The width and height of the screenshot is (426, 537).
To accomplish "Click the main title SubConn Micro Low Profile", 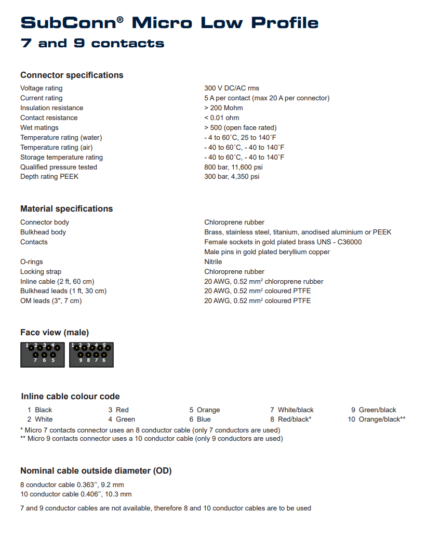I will click(x=169, y=23).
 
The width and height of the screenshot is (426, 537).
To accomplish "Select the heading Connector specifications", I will click(x=72, y=75).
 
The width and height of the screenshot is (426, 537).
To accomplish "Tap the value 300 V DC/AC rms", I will click(x=232, y=88).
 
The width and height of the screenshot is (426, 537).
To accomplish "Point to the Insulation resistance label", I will click(x=51, y=108).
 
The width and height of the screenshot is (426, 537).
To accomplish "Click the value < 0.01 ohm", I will click(x=222, y=118).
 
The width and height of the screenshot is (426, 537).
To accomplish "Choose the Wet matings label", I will click(x=39, y=128).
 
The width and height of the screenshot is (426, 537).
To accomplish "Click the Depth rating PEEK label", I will click(x=49, y=177).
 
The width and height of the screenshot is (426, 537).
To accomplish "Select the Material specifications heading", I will click(x=66, y=208).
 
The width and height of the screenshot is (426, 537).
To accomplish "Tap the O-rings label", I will click(x=32, y=262).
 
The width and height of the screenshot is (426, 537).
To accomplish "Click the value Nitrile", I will click(x=213, y=262).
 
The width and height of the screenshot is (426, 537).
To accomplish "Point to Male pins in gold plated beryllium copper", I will click(x=267, y=252).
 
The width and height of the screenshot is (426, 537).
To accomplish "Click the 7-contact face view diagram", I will click(x=43, y=355).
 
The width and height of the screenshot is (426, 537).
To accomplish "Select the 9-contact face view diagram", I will click(x=91, y=355).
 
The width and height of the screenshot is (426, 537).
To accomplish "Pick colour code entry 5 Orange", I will click(x=205, y=410).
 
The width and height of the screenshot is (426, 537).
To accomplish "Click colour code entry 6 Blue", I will click(x=200, y=420).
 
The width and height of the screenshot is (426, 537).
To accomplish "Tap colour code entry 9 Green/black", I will click(x=374, y=410).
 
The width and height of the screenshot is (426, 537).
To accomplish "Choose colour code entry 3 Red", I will click(x=118, y=410).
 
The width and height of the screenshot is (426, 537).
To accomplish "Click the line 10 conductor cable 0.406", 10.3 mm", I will click(x=76, y=494).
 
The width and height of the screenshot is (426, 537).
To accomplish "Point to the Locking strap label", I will click(x=41, y=272).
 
